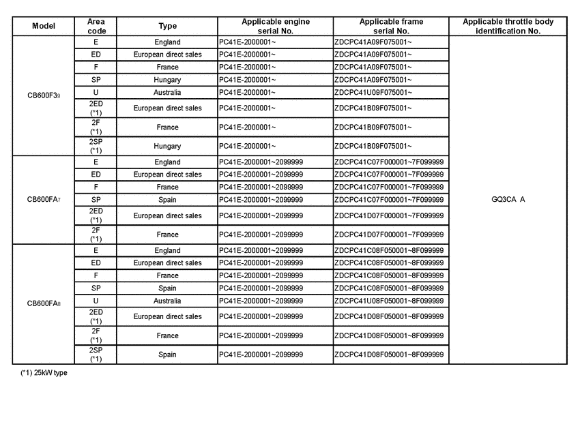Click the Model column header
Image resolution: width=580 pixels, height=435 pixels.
44,26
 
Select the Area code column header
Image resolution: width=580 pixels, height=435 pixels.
96,26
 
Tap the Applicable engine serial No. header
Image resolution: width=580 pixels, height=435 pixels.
275,26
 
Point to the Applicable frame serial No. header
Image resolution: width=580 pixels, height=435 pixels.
391,26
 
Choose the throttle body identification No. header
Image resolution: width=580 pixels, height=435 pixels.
508,26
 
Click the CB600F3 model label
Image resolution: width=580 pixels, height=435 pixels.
44,95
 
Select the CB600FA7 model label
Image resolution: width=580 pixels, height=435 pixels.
44,200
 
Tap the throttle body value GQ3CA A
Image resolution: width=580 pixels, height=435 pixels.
508,200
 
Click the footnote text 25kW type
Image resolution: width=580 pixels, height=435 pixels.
44,373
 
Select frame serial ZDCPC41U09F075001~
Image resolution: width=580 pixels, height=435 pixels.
373,92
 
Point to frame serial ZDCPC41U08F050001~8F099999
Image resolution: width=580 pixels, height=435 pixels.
389,301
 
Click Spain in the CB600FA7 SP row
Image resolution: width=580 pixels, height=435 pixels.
167,200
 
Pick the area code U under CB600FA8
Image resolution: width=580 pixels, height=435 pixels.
96,301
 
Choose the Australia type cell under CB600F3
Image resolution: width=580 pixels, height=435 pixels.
167,92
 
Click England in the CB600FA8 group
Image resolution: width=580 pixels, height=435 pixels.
167,250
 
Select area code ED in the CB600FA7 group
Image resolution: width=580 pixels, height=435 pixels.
96,175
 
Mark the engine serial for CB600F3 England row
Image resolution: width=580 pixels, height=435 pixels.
247,42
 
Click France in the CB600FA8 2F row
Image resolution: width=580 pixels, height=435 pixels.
167,335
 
